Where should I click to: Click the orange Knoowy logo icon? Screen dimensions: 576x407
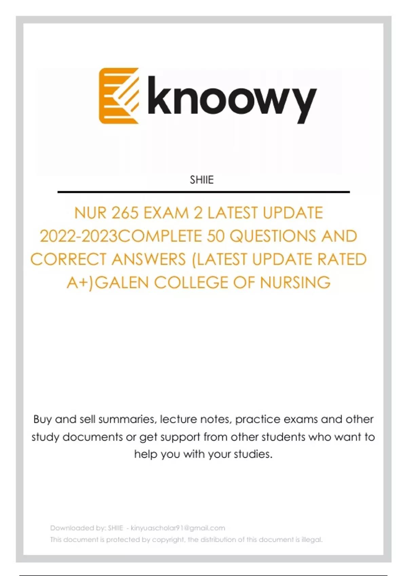pyautogui.click(x=119, y=96)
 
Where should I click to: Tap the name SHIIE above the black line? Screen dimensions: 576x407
pyautogui.click(x=202, y=180)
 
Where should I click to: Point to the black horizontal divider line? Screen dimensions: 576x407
pyautogui.click(x=203, y=192)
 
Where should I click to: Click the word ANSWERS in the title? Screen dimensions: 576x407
pyautogui.click(x=148, y=260)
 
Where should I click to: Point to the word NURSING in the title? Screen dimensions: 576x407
pyautogui.click(x=295, y=283)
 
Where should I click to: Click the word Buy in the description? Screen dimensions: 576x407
pyautogui.click(x=42, y=419)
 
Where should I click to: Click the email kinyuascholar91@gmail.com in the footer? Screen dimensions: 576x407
pyautogui.click(x=178, y=528)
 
